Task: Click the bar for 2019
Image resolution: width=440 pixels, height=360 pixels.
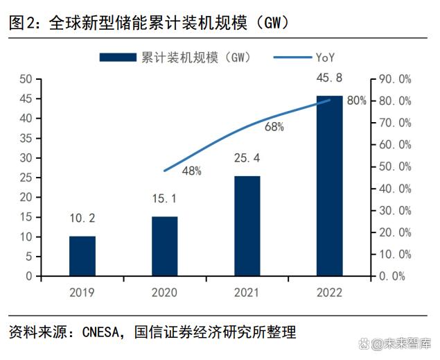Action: point(82,256)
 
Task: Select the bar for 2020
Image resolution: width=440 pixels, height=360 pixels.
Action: point(165,246)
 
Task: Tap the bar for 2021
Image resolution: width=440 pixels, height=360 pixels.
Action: point(247,226)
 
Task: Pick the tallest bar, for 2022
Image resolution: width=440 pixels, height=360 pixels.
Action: point(330,186)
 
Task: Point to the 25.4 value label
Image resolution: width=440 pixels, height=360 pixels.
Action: point(247,159)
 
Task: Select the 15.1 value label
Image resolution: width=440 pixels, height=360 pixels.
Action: point(164,199)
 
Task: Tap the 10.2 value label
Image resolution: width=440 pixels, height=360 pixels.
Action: point(82,218)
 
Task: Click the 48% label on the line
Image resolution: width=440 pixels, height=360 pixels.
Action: point(192,171)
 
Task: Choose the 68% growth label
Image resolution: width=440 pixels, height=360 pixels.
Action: point(274,127)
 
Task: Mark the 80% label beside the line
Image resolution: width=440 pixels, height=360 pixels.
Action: point(356,101)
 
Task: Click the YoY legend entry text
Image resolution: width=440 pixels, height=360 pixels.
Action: point(326,57)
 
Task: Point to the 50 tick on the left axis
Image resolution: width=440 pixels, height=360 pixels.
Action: point(26,79)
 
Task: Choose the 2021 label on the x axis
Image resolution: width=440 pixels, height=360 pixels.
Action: point(247,292)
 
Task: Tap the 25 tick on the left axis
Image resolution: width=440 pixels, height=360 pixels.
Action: point(26,178)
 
